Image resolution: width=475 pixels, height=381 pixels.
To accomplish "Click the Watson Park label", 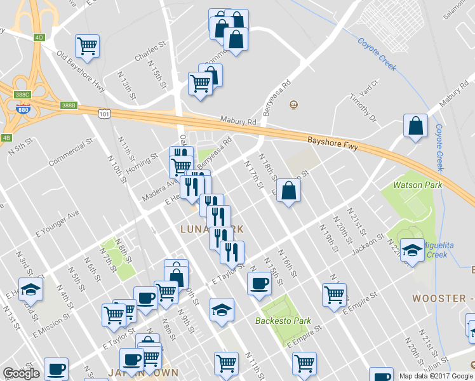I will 417,185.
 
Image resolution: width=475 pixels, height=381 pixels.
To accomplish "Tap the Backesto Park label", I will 281,320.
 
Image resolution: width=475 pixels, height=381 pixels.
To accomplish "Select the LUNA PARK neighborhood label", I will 203,229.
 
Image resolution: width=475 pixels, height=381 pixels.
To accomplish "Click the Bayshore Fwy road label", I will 333,143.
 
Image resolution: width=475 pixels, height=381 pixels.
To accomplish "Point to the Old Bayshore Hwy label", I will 81,72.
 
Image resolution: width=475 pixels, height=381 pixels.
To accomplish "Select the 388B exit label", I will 69,105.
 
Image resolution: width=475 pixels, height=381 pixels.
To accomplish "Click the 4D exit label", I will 39,37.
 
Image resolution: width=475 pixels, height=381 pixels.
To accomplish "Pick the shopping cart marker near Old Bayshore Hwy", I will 87,45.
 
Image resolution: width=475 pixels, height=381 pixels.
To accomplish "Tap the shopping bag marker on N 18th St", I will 288,190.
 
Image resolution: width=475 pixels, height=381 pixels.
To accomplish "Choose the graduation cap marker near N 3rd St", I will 30,289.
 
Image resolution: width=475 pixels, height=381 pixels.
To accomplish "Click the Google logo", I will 21,373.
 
